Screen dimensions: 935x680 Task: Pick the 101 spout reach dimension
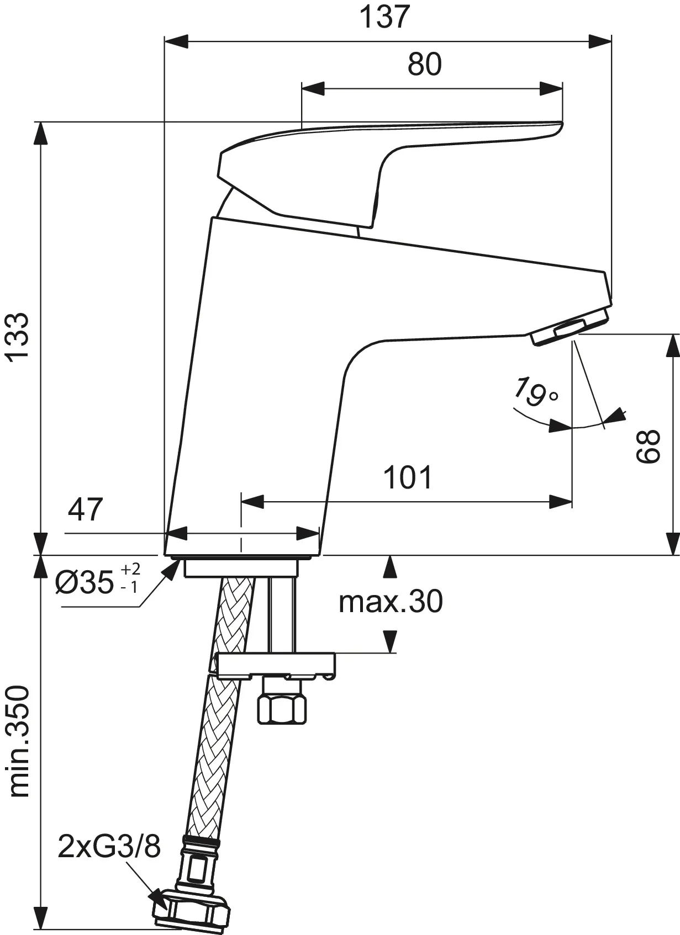tap(408, 477)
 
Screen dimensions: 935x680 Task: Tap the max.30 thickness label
tap(391, 601)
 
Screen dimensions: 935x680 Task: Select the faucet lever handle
tap(387, 155)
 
